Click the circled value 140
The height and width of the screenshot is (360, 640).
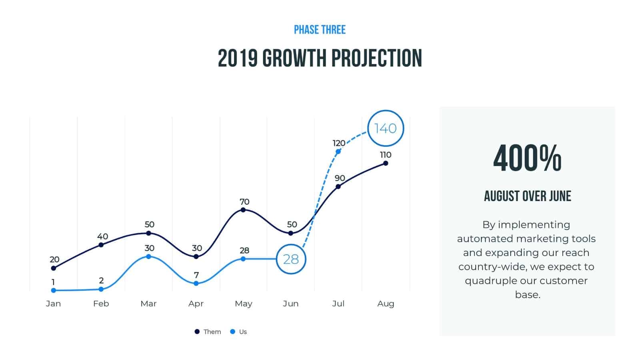(x=385, y=128)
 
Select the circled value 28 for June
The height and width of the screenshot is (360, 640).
(x=291, y=259)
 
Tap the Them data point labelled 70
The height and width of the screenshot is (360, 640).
(x=243, y=210)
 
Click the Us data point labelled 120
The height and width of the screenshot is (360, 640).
(x=338, y=152)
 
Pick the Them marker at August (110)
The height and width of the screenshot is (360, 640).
(x=386, y=163)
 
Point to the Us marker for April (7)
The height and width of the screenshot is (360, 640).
(x=196, y=283)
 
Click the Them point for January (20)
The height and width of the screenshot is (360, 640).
(x=54, y=268)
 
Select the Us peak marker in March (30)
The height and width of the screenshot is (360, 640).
(x=148, y=256)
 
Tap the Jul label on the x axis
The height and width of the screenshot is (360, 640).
(x=338, y=304)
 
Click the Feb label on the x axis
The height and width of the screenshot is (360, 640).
(x=101, y=304)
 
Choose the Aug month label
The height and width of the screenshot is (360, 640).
(x=386, y=304)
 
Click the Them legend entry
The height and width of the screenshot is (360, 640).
(x=208, y=332)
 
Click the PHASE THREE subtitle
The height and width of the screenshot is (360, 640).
(x=320, y=30)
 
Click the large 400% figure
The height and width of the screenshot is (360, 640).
(x=527, y=158)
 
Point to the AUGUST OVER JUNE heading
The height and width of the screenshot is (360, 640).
(x=527, y=196)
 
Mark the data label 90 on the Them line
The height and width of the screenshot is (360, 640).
(x=340, y=178)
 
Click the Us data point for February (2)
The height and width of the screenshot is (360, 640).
(x=101, y=289)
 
